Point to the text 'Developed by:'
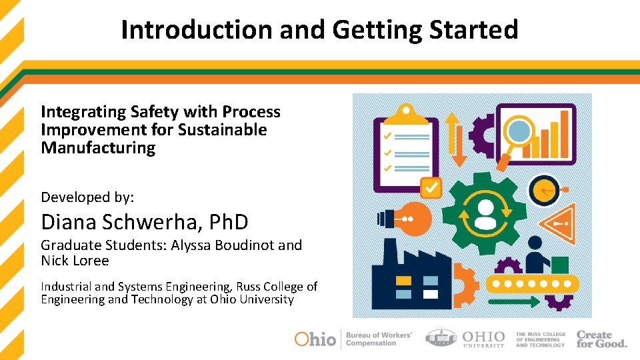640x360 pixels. click(x=87, y=197)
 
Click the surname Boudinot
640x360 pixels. click(x=243, y=245)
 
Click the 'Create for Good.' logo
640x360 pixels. click(x=601, y=339)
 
